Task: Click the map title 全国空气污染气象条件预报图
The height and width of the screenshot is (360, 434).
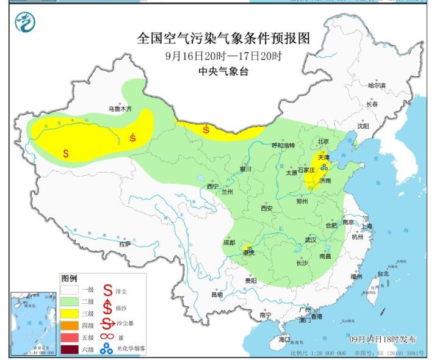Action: pyautogui.click(x=223, y=39)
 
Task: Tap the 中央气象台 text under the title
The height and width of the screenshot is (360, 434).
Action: pyautogui.click(x=223, y=71)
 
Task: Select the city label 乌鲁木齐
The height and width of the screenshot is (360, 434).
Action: pyautogui.click(x=120, y=108)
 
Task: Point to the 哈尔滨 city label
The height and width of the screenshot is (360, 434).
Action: pyautogui.click(x=377, y=85)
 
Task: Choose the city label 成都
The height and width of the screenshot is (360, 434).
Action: pyautogui.click(x=229, y=242)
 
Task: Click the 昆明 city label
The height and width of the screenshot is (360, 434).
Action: pyautogui.click(x=217, y=295)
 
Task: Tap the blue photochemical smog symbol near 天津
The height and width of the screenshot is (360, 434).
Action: pyautogui.click(x=324, y=165)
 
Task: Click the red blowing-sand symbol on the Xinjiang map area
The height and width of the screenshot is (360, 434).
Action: pyautogui.click(x=133, y=137)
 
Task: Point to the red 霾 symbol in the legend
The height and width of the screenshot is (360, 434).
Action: pyautogui.click(x=107, y=336)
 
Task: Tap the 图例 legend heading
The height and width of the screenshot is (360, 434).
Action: pyautogui.click(x=70, y=278)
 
